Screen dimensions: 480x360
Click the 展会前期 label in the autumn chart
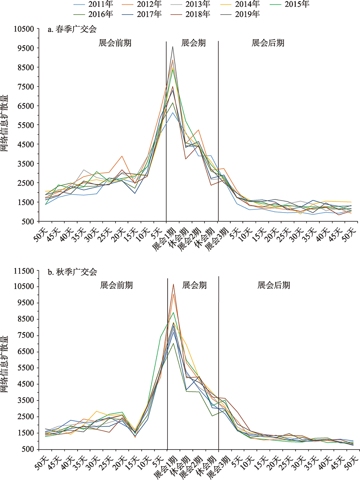point(116,285)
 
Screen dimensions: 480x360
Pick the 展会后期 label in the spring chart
point(268,43)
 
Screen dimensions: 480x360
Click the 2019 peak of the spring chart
point(173,47)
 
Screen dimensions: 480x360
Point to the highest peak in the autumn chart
point(173,284)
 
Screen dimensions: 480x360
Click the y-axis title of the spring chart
point(6,124)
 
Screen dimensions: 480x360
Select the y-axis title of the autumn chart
point(6,360)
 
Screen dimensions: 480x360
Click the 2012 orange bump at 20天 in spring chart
point(122,156)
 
